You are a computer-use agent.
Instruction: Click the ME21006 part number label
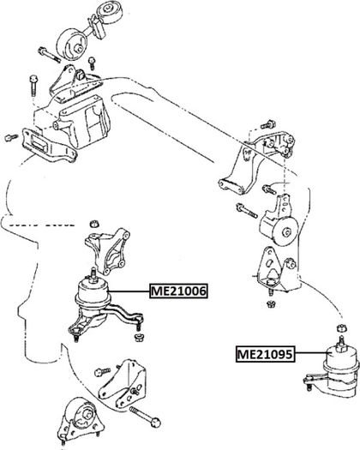[178, 291]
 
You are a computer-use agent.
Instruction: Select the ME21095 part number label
[265, 354]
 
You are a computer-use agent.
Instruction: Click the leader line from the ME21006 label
[129, 291]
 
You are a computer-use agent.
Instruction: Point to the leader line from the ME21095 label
[311, 352]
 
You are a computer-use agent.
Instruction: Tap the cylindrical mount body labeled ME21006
[93, 293]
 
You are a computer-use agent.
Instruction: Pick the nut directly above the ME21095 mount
[341, 327]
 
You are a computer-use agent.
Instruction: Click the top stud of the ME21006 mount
[93, 272]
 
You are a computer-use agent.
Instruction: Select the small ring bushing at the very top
[109, 10]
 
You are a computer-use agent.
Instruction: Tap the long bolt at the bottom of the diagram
[145, 416]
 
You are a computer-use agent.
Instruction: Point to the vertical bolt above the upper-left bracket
[33, 85]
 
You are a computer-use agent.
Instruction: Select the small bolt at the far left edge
[11, 137]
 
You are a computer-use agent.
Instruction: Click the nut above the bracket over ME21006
[94, 223]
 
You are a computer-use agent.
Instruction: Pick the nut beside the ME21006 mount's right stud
[139, 337]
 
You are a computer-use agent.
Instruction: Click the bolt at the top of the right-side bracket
[268, 124]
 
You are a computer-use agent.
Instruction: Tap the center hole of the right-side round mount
[286, 232]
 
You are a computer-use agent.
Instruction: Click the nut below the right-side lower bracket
[270, 303]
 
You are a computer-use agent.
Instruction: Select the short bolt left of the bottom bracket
[102, 372]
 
